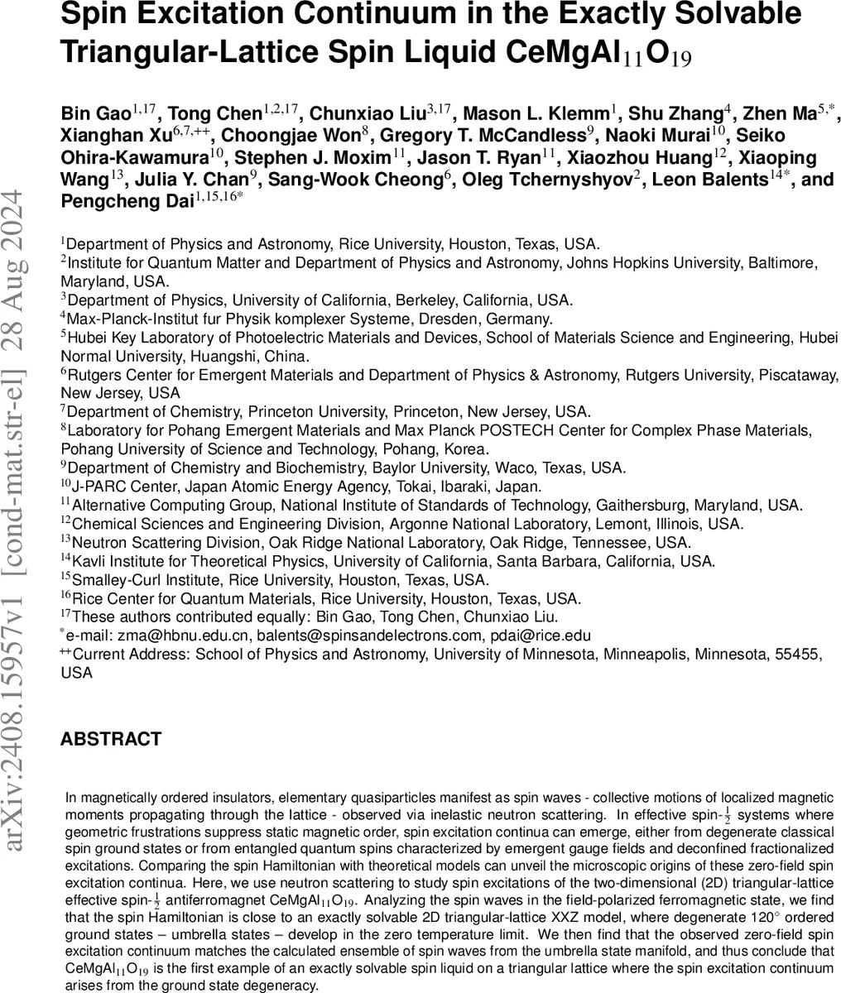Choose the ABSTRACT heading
[111, 739]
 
